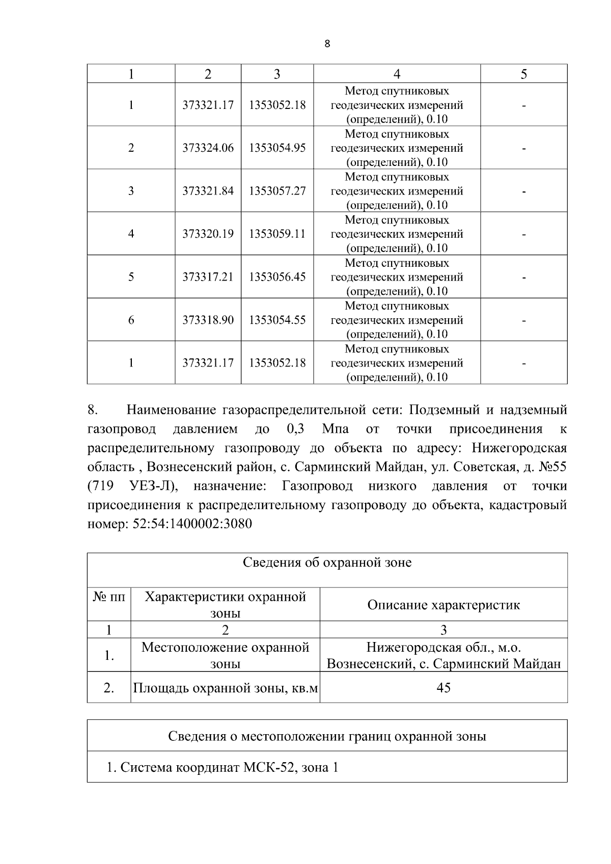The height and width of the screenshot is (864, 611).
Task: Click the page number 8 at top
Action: click(327, 44)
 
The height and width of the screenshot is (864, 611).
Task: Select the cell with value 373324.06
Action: click(208, 148)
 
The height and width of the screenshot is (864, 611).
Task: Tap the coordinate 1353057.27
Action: click(277, 191)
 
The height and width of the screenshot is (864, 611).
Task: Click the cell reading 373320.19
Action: click(208, 234)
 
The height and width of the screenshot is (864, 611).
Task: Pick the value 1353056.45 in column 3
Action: click(277, 277)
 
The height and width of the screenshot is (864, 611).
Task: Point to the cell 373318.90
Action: click(208, 320)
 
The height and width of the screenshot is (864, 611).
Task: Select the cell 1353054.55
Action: click(277, 320)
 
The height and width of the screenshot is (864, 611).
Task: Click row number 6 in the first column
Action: click(131, 320)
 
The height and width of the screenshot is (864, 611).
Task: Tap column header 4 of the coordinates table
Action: click(397, 74)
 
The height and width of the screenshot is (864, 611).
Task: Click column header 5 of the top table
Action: click(523, 74)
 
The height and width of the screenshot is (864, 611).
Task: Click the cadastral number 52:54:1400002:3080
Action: click(192, 524)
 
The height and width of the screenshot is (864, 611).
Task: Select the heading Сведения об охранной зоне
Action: click(327, 563)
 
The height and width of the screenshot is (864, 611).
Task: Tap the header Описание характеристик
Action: click(443, 605)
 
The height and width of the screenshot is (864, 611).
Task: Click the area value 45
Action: click(443, 688)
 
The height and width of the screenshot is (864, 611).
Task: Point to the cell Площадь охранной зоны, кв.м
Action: click(225, 688)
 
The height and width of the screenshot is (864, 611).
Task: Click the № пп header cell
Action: click(108, 597)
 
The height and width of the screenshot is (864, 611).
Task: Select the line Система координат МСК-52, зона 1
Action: click(223, 767)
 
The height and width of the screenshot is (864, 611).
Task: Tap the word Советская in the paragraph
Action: click(481, 467)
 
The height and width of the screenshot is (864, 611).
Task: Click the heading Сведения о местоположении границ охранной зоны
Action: click(327, 736)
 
